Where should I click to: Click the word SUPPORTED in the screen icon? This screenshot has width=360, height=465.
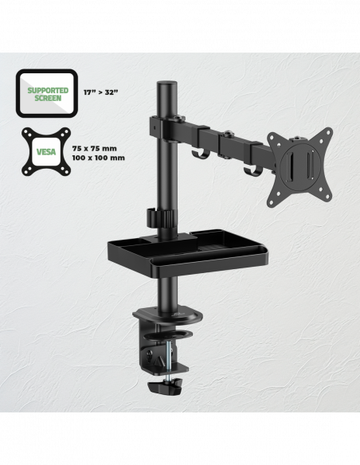tap(48, 90)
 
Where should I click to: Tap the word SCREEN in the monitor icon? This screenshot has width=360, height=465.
tap(48, 98)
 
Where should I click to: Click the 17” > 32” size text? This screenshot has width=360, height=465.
tap(100, 92)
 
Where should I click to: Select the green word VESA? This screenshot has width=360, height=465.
tap(46, 152)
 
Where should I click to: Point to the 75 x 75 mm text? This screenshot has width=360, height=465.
tap(95, 148)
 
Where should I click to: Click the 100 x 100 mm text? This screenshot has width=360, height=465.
tap(99, 158)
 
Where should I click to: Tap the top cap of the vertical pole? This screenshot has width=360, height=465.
tap(167, 84)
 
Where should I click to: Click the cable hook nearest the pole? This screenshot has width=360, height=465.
tap(199, 153)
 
